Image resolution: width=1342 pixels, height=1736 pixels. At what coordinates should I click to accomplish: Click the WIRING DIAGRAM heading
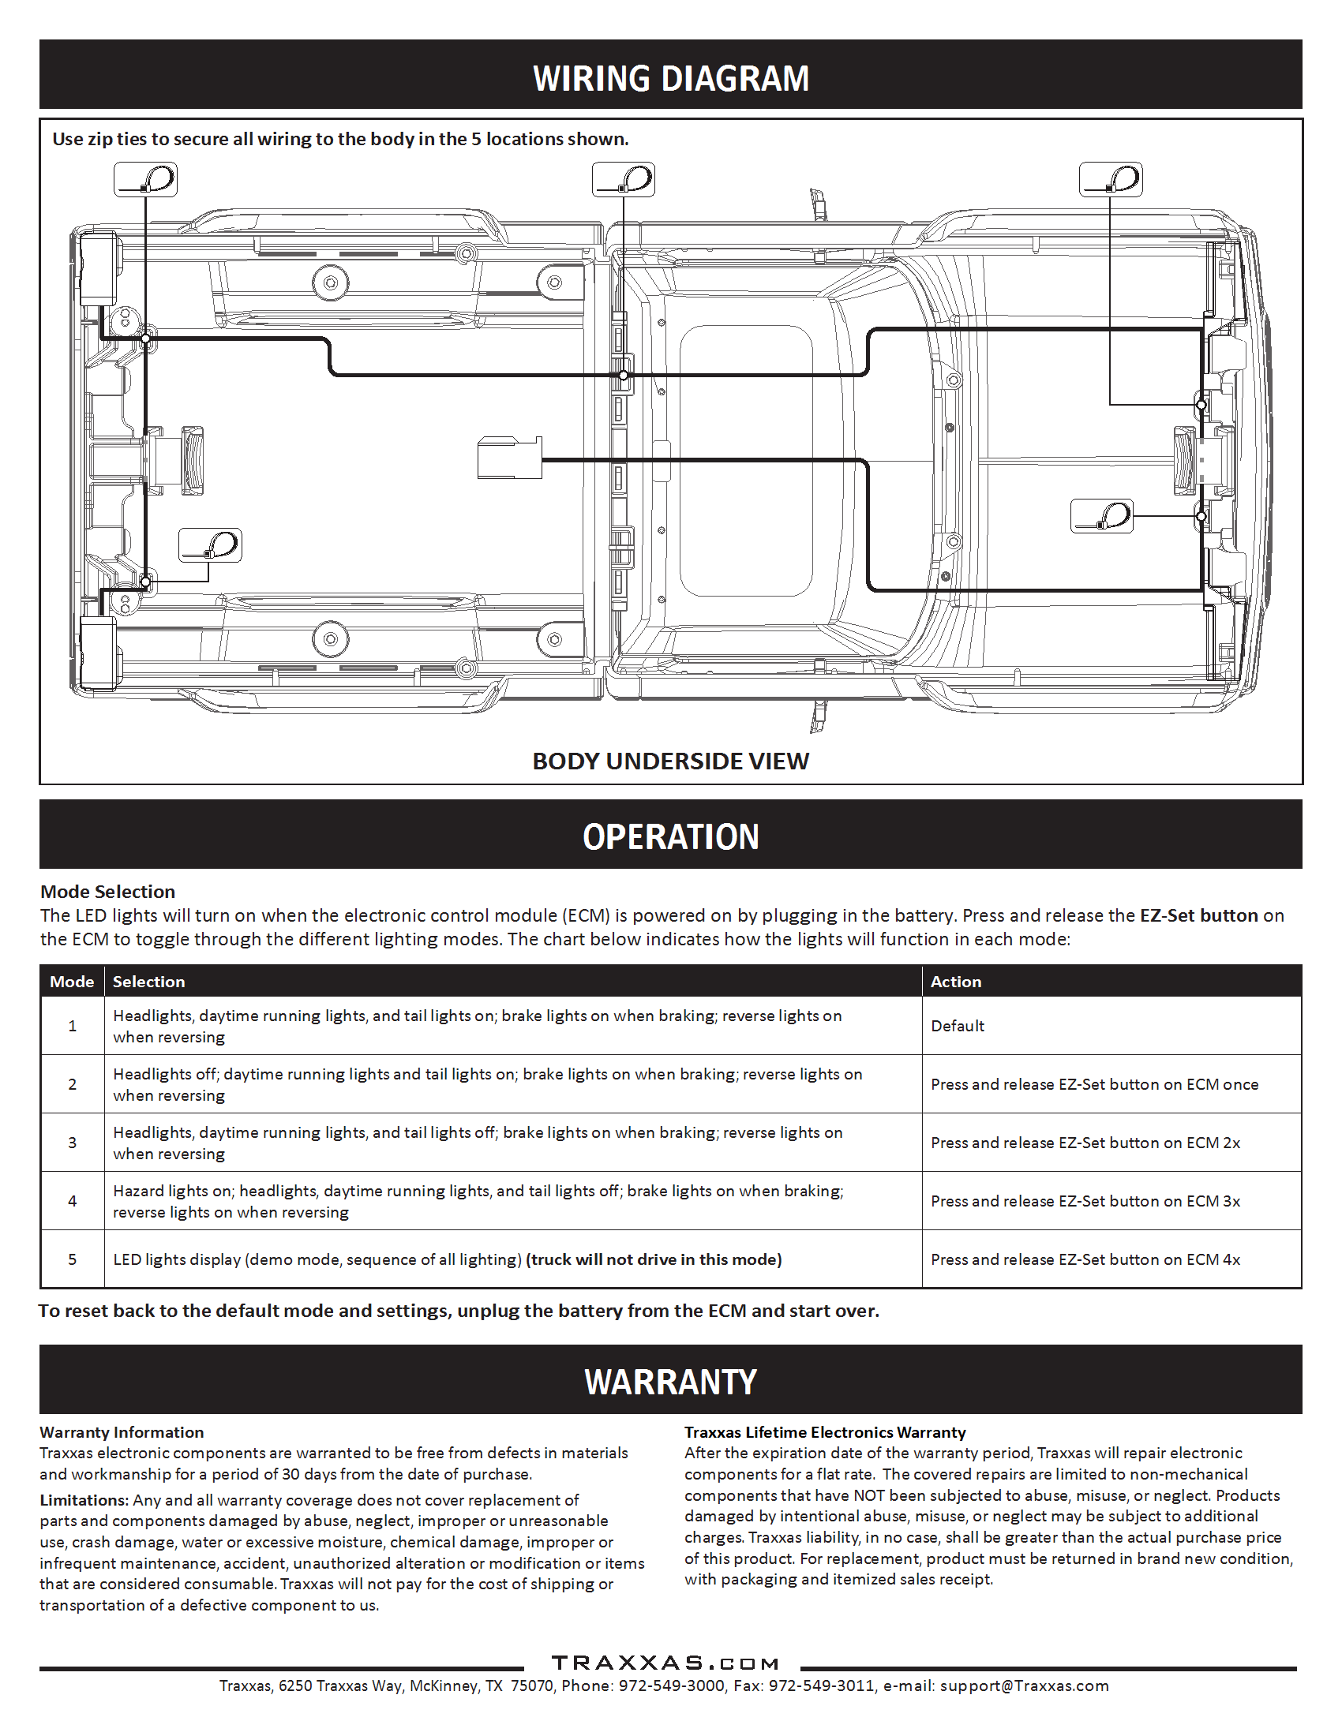pos(671,79)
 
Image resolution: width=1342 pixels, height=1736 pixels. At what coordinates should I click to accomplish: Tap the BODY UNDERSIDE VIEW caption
pos(670,761)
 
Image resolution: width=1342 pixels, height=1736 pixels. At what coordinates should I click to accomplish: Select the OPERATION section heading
pos(670,836)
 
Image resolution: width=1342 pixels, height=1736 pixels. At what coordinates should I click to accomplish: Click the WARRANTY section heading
pos(670,1382)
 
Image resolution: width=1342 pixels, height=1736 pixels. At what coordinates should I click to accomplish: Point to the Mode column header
pos(72,982)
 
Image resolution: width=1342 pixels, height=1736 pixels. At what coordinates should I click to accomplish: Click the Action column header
pos(956,982)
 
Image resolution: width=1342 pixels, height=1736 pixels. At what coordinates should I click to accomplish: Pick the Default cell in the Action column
pos(958,1026)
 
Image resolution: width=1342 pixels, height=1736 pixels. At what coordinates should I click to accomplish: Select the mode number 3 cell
pos(73,1143)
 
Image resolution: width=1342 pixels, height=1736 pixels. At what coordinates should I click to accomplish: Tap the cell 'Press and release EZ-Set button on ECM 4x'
pos(1085,1259)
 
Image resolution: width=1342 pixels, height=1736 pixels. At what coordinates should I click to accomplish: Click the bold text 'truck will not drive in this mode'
pos(654,1259)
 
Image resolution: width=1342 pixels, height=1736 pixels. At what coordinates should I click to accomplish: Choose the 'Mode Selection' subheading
pos(108,892)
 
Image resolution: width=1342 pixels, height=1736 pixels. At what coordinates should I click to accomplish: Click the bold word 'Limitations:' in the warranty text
pos(84,1500)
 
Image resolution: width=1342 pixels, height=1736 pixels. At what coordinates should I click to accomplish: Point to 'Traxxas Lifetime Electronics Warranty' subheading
pos(824,1432)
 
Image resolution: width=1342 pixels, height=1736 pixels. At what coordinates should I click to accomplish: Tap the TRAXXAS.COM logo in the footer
pos(665,1663)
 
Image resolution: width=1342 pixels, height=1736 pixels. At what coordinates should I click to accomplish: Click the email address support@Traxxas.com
pos(1024,1686)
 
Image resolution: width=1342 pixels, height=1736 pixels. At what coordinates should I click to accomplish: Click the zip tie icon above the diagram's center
pos(624,180)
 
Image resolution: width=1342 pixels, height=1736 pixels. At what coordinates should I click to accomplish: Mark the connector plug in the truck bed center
pos(509,458)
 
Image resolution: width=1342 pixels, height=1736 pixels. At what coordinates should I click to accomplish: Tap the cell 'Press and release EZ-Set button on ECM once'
pos(1095,1084)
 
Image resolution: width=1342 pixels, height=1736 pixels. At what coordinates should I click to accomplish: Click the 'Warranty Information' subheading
pos(122,1432)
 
